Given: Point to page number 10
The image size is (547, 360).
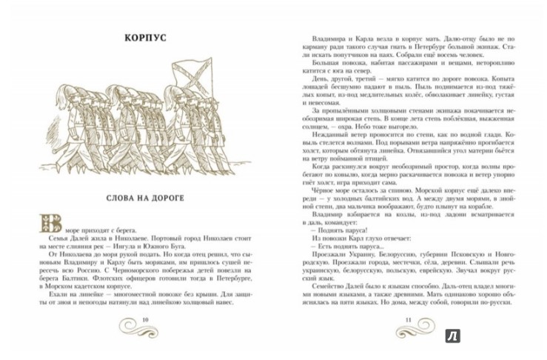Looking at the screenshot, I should click(x=145, y=319).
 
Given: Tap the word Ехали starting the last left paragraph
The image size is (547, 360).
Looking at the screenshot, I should click(x=53, y=293).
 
